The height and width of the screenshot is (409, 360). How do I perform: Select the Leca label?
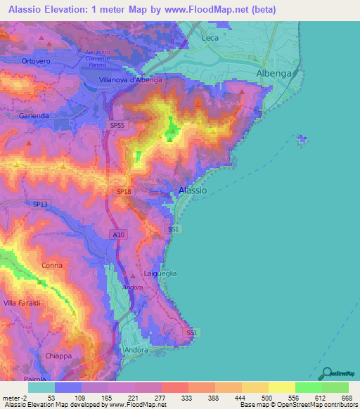[x=210, y=38]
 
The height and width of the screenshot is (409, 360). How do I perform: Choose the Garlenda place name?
[x=34, y=115]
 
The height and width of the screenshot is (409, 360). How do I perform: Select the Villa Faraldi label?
[x=22, y=303]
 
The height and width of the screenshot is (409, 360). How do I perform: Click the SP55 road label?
[x=117, y=125]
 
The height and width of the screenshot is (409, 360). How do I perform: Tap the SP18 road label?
[x=123, y=191]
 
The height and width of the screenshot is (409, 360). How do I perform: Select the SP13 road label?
[x=41, y=204]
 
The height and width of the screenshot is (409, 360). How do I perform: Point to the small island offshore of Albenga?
[x=302, y=139]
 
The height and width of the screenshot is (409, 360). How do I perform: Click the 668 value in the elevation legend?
[x=346, y=398]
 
